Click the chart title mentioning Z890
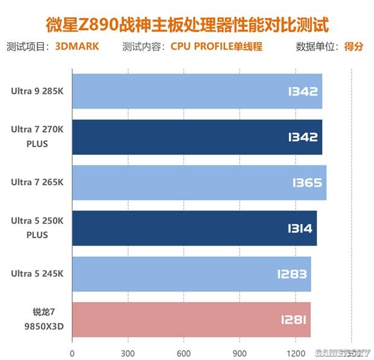(188, 25)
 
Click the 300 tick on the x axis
(128, 353)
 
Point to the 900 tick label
(239, 353)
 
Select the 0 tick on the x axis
(72, 353)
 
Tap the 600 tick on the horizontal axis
(184, 353)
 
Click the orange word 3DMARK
(77, 46)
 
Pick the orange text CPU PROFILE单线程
(217, 46)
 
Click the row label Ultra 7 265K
(36, 183)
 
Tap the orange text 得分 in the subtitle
(353, 46)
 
